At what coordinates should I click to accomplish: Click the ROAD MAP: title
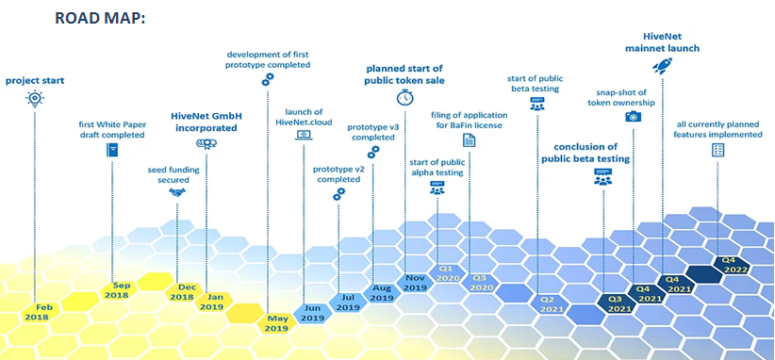[99, 18]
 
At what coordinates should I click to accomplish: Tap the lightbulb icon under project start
[35, 99]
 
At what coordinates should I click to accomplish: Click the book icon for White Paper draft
[112, 150]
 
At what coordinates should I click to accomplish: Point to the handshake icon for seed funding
[177, 192]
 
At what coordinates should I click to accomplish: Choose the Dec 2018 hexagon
[182, 292]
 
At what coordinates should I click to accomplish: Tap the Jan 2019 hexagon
[211, 302]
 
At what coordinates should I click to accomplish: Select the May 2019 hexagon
[277, 323]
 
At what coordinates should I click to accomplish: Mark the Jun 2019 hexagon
[312, 313]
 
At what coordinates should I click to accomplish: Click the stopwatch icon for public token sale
[404, 97]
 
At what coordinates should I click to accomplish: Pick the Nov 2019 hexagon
[415, 283]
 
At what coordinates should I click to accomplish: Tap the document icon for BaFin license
[469, 140]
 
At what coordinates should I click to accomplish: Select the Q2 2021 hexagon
[548, 304]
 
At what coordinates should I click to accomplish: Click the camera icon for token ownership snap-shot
[634, 117]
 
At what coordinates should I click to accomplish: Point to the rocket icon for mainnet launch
[662, 66]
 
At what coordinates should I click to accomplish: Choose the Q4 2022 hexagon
[732, 265]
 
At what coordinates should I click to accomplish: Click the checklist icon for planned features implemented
[717, 150]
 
